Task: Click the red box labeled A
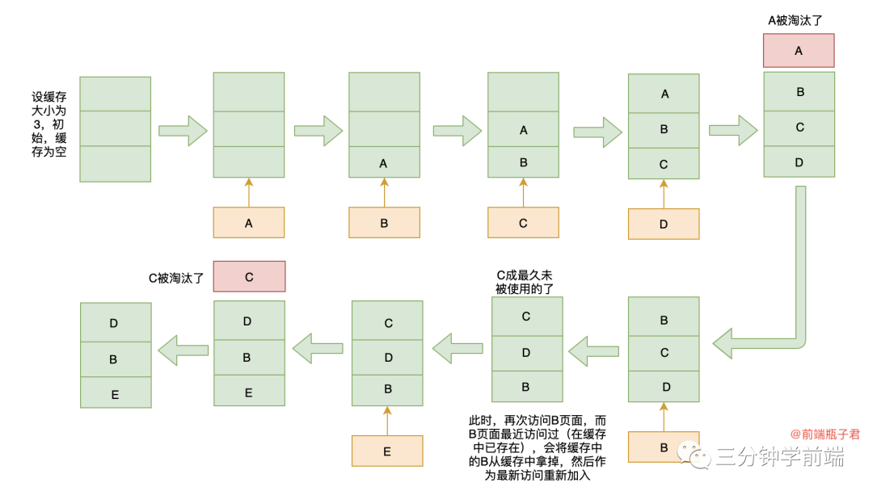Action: pos(799,50)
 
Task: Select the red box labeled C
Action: pos(249,276)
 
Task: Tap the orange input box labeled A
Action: pos(248,223)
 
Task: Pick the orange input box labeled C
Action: pos(523,223)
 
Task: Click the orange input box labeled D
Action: pos(664,224)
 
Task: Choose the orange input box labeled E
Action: pos(387,451)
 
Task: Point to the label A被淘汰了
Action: pos(799,20)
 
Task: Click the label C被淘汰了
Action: pos(175,278)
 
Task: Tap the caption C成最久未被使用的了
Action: pos(525,282)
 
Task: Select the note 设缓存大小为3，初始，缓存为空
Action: pos(49,124)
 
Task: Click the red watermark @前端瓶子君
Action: pos(824,434)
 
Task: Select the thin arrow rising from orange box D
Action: pos(664,194)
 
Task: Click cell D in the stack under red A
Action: pos(799,162)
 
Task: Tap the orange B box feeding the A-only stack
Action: pos(384,223)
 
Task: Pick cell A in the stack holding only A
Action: pos(384,162)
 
